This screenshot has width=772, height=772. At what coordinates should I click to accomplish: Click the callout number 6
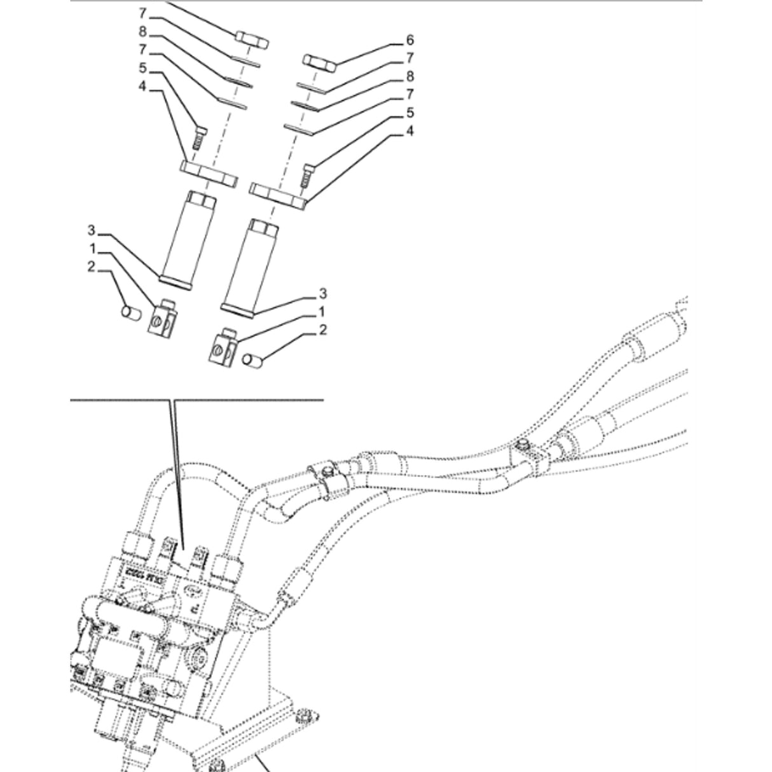(410, 41)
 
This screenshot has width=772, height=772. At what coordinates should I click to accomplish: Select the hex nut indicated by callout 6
(319, 62)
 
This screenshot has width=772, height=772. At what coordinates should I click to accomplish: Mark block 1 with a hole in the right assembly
(223, 347)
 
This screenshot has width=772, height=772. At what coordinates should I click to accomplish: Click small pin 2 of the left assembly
(130, 313)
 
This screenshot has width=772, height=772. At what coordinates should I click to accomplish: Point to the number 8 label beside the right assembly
(410, 77)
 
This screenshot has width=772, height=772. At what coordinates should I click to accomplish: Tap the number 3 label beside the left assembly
(92, 230)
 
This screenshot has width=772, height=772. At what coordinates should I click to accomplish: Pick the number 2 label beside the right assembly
(323, 329)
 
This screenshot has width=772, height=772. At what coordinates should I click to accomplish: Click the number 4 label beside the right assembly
(410, 131)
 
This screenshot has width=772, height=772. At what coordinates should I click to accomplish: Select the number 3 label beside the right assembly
(323, 293)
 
